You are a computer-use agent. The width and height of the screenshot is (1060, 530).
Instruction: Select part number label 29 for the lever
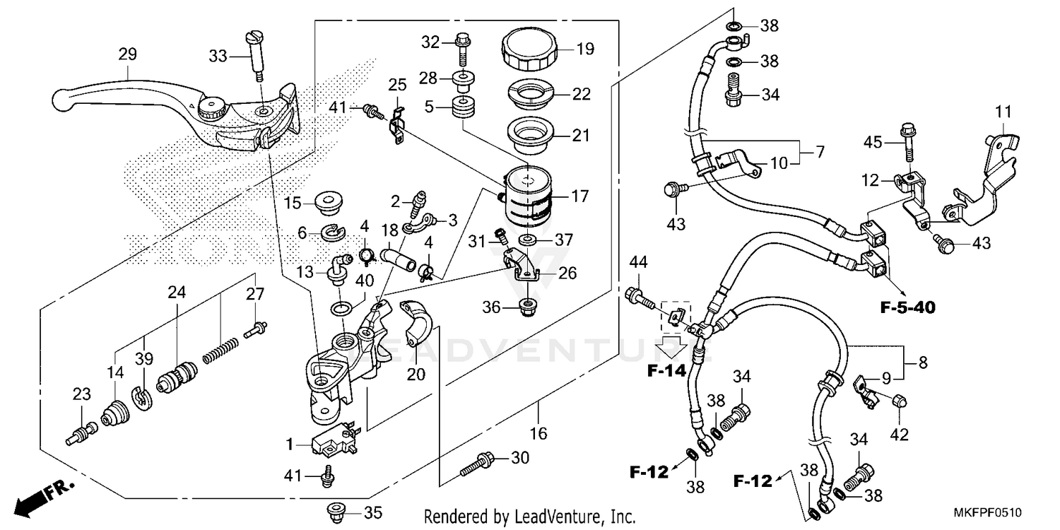[128, 54]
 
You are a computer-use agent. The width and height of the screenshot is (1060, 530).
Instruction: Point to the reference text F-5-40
[907, 308]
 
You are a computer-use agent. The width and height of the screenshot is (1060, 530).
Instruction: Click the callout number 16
[538, 433]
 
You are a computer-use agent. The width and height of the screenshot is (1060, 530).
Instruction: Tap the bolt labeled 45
[907, 145]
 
